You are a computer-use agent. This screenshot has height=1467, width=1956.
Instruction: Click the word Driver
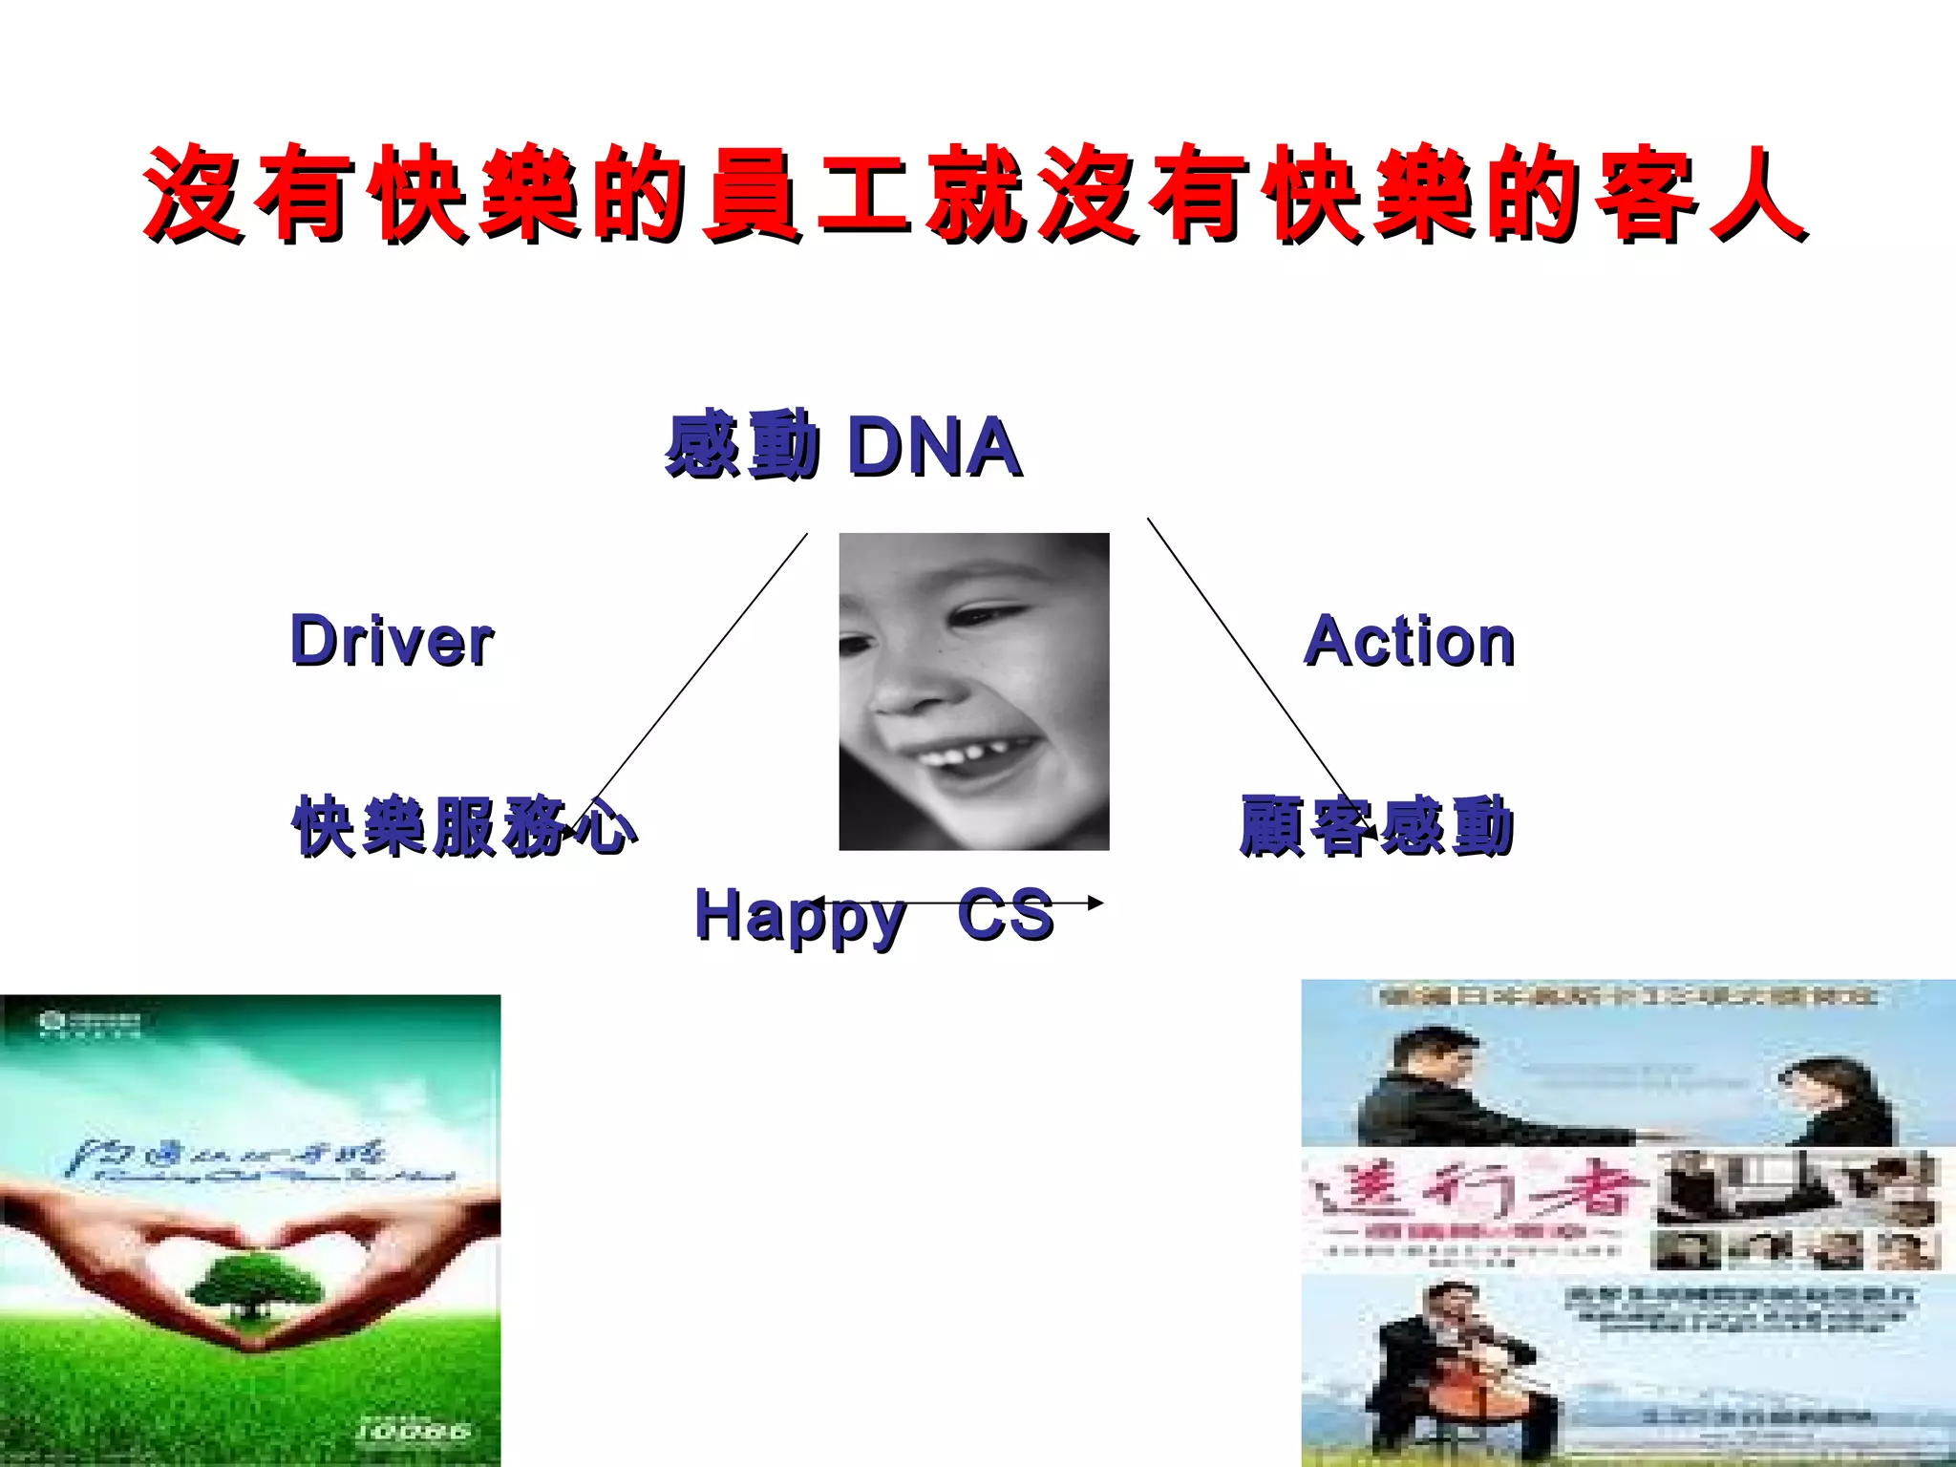click(x=392, y=641)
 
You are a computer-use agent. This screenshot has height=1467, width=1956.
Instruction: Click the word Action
click(x=1410, y=641)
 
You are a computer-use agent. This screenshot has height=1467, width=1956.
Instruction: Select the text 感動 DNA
click(x=843, y=446)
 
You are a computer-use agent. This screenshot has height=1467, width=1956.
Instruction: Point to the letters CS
click(x=1006, y=915)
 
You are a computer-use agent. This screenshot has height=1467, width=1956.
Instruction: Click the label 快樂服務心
click(x=464, y=826)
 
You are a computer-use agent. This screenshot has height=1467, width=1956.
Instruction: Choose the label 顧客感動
click(x=1376, y=826)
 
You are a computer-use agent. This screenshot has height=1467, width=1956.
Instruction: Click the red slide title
click(x=974, y=194)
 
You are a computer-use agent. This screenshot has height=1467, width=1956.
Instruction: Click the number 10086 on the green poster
click(x=413, y=1430)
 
